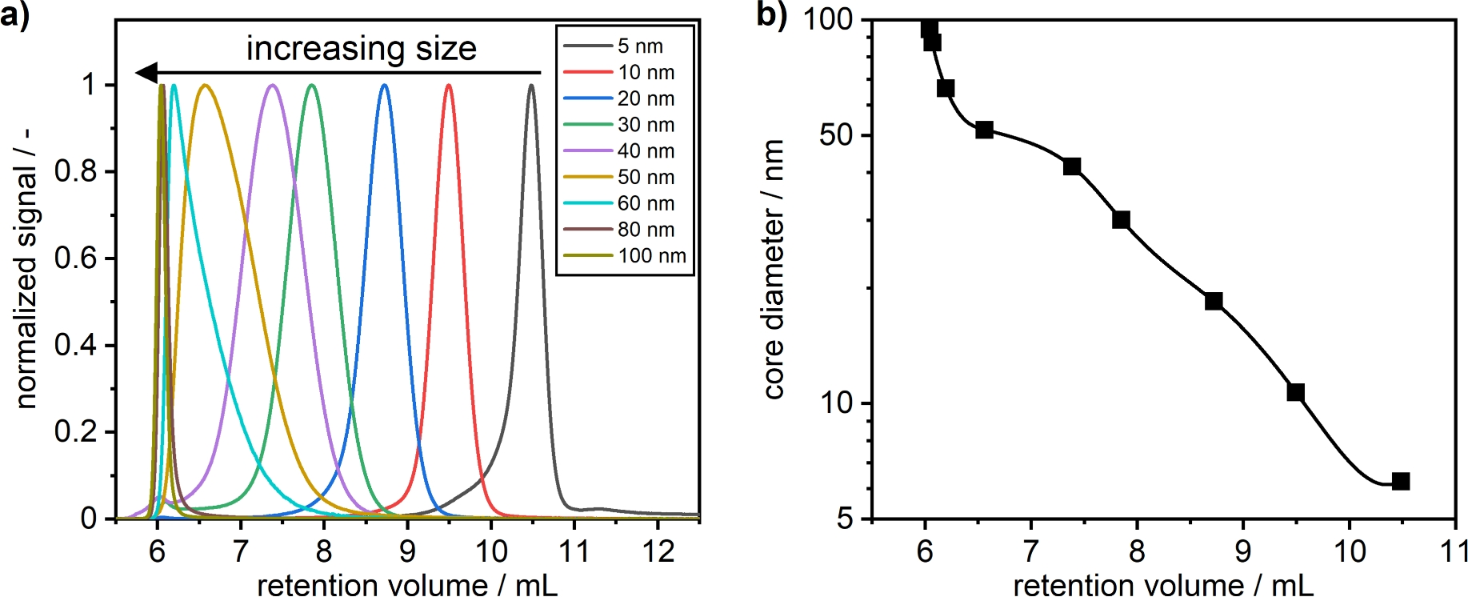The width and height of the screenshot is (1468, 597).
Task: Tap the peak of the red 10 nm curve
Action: point(449,85)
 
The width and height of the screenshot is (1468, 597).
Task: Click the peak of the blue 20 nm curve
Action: point(385,85)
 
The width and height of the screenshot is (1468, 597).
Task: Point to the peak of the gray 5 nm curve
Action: point(531,85)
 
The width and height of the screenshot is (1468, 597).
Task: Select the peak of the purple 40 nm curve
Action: point(273,85)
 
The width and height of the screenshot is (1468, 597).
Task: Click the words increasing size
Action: point(361,49)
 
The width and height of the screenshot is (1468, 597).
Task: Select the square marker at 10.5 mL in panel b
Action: point(1400,481)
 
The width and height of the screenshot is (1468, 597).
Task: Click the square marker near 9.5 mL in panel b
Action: point(1295,392)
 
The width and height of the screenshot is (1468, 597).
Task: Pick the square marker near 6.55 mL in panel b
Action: point(984,130)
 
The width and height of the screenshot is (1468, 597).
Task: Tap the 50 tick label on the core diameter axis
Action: point(835,135)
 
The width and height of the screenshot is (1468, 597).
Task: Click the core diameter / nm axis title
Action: point(773,269)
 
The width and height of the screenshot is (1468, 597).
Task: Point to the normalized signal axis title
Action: point(26,269)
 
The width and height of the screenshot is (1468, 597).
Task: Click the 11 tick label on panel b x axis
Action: point(1454,551)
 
